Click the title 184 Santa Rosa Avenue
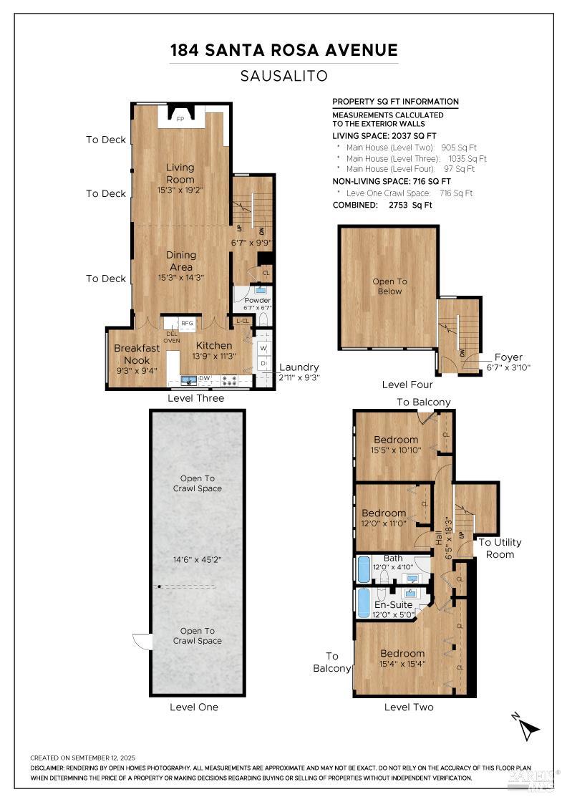[x=283, y=50]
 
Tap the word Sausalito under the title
[x=283, y=76]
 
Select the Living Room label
[x=180, y=173]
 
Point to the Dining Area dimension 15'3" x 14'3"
[x=180, y=277]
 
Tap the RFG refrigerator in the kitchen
[x=187, y=323]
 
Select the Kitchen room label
[x=214, y=346]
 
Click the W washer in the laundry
[x=263, y=349]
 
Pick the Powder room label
[x=257, y=300]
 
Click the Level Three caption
[x=195, y=398]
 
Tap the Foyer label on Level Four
[x=508, y=357]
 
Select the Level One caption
[x=194, y=707]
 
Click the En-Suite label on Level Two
[x=393, y=605]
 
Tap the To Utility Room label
[x=500, y=548]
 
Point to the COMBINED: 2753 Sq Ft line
[x=382, y=205]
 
